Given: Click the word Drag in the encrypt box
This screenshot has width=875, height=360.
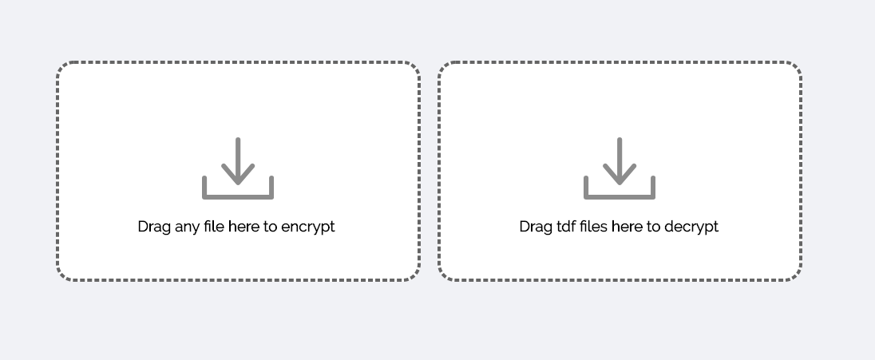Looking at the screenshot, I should [x=154, y=227].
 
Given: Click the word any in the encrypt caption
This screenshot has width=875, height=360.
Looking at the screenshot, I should [x=188, y=227].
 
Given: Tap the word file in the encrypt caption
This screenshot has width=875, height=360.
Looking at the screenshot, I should [x=214, y=227].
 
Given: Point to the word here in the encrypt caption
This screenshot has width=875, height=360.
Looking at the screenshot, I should [x=243, y=227].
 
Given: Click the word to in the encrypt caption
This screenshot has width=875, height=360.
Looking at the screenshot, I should [x=271, y=227].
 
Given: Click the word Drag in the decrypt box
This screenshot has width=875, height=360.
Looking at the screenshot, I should [x=536, y=227].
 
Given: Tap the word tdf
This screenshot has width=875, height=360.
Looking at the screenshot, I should [x=565, y=227].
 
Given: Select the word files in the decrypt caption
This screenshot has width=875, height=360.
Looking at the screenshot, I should [x=594, y=227].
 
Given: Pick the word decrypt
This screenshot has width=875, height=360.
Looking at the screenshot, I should [x=691, y=227].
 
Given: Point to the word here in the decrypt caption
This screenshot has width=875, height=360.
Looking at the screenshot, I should [x=626, y=227].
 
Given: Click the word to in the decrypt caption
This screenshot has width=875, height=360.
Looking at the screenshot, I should [x=653, y=227].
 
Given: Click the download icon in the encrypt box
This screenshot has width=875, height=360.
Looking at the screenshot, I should [x=238, y=168].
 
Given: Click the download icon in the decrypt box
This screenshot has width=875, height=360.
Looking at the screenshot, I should [x=620, y=168].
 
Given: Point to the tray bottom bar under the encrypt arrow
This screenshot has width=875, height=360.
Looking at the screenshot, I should [x=238, y=195].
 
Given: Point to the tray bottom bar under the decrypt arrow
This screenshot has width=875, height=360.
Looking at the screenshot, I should [x=620, y=195].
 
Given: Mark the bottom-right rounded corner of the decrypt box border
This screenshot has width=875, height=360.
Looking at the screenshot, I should [x=796, y=275].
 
